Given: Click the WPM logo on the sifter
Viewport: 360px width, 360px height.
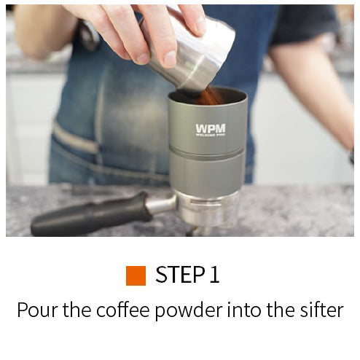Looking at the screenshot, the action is pos(211,130).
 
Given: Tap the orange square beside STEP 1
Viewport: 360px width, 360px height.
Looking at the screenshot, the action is pos(136,275).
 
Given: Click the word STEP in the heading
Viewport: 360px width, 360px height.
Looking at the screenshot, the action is pos(180,275).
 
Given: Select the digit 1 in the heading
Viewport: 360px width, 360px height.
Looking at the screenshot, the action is pos(214,275).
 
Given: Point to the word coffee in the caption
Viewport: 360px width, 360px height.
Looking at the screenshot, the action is pos(122,309).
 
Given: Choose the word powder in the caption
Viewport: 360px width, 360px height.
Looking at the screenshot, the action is pos(189,310).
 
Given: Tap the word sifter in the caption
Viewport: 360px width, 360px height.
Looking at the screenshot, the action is pos(321,309).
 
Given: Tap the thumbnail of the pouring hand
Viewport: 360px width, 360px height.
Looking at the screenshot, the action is pos(169,59).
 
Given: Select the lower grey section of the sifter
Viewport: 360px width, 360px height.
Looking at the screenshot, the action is pos(206,173).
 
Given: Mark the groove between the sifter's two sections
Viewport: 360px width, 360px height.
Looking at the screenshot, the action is pos(207,152).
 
